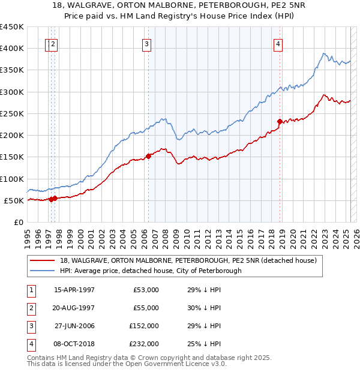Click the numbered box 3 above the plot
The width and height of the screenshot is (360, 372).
click(147, 43)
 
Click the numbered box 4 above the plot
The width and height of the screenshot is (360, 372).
click(279, 43)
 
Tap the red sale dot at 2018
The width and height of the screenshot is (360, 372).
click(280, 121)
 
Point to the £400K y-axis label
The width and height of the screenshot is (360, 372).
click(12, 49)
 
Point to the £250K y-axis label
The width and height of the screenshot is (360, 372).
click(12, 113)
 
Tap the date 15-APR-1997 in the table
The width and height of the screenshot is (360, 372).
click(74, 290)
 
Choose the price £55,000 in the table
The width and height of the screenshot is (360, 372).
click(146, 308)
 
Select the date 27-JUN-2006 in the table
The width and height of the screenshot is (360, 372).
click(74, 326)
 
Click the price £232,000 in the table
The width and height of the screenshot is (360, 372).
click(144, 344)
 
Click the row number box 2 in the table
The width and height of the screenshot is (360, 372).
click(30, 308)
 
